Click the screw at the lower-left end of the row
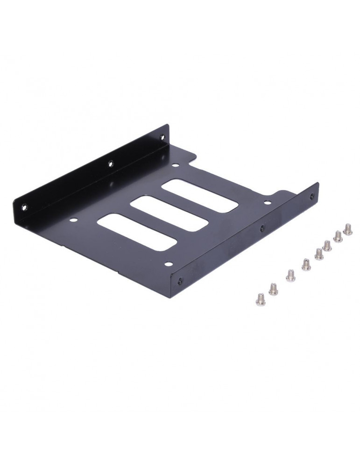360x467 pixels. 261,298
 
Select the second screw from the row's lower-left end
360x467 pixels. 274,289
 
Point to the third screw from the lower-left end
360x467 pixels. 290,275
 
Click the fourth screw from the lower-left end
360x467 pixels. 306,264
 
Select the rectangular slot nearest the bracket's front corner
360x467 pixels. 137,232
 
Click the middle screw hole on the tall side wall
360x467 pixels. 111,163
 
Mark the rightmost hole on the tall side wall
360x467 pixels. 162,137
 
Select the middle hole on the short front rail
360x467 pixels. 261,229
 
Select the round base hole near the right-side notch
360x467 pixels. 267,202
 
